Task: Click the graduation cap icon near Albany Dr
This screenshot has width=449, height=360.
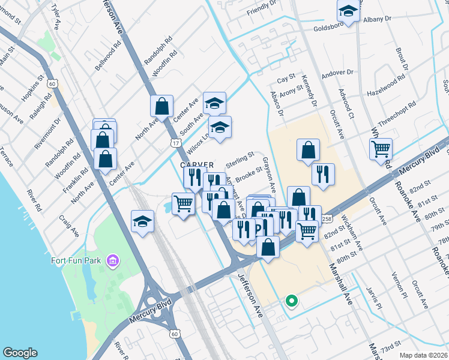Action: [x=348, y=10]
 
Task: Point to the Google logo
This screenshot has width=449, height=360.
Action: [x=20, y=353]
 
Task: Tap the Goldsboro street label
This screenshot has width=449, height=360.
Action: [x=332, y=28]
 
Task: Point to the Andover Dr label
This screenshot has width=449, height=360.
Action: [x=337, y=74]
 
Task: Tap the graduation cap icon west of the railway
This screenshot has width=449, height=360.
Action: [x=142, y=221]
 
